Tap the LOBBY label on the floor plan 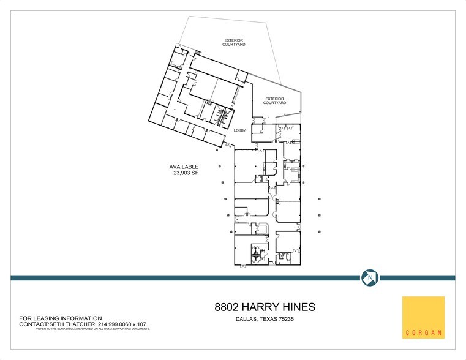point(239,131)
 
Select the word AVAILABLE point(184,167)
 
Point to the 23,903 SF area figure point(186,173)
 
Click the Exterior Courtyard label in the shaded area point(275,100)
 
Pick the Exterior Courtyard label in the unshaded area point(235,42)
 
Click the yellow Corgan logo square point(423,317)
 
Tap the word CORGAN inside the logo point(423,334)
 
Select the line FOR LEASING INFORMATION point(61,318)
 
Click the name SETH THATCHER point(66,324)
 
